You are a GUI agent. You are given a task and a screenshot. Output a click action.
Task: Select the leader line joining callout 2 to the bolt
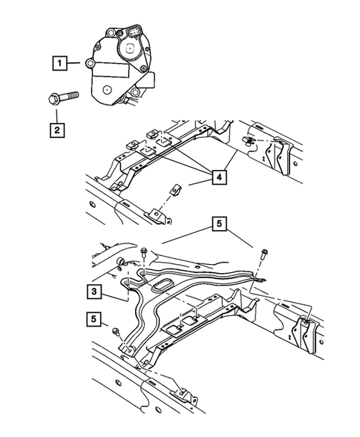56,114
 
